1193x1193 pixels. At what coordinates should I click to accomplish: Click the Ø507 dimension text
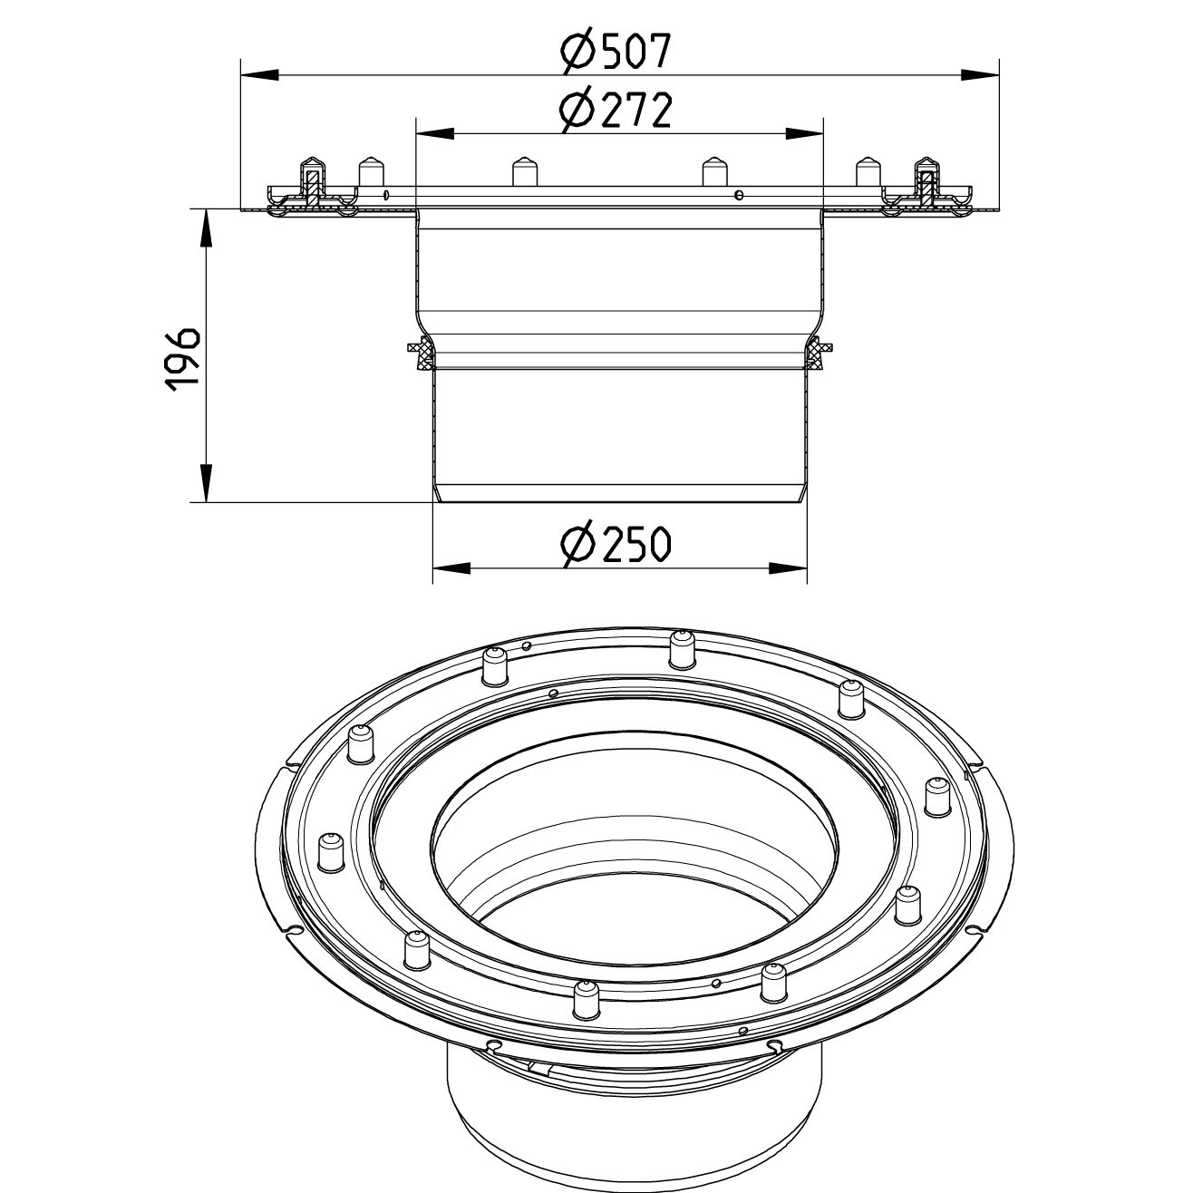616,51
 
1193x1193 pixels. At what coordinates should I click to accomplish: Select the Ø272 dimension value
616,111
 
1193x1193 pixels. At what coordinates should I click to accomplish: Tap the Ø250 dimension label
616,544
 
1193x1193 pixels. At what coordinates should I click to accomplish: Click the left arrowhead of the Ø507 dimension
259,74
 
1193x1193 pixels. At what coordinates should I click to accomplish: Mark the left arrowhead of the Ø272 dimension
433,133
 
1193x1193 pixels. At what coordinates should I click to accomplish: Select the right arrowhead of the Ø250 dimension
788,568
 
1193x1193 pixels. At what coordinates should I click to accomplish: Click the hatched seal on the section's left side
420,354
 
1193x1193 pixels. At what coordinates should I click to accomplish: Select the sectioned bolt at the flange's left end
311,186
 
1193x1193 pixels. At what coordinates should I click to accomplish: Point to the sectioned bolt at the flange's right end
926,186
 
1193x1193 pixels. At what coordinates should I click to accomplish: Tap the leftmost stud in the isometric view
331,851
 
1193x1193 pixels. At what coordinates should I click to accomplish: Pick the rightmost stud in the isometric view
936,798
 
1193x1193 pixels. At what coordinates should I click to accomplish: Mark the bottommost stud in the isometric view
582,1001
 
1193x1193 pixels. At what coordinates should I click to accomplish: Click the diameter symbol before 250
577,544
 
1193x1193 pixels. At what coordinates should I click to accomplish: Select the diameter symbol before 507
577,51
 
